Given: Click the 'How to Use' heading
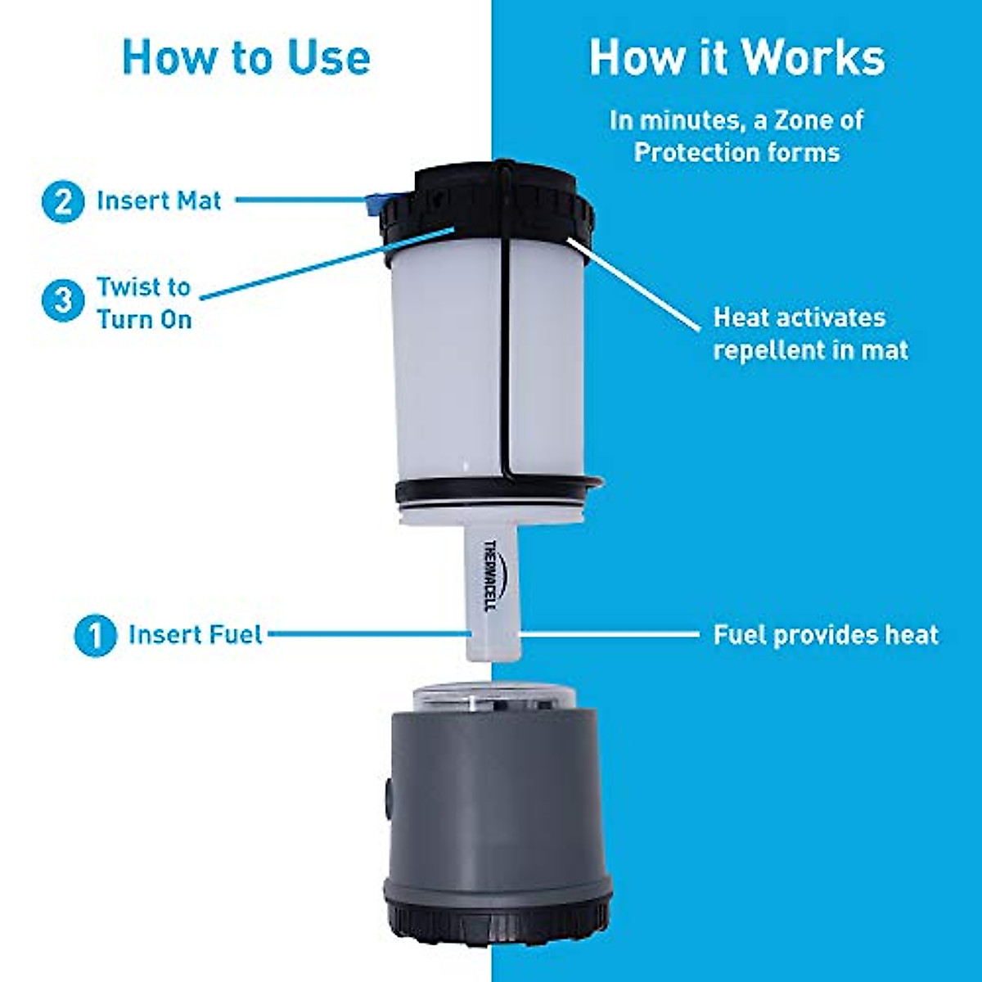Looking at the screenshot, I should [245, 57].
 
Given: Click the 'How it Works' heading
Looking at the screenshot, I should [736, 57].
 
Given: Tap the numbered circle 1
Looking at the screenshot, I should [95, 635].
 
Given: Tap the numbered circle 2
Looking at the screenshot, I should [63, 201].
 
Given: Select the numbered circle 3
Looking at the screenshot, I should [63, 301].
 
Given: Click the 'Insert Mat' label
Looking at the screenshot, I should [159, 201].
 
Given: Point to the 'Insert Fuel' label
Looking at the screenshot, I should [195, 635].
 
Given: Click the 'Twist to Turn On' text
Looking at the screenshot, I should [144, 303].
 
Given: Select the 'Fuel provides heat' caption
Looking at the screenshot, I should [826, 635].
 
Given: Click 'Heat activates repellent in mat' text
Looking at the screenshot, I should [810, 334].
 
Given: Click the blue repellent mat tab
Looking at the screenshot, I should [377, 201].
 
